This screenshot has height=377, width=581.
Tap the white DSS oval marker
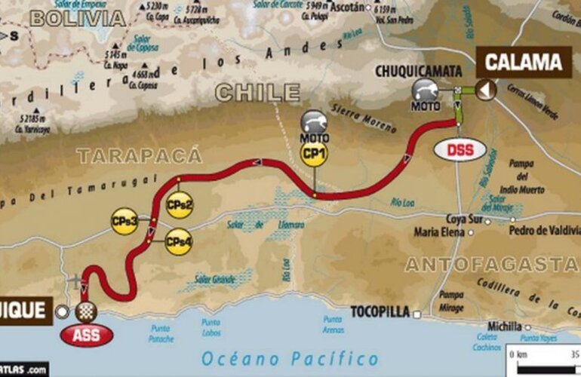tap(460, 149)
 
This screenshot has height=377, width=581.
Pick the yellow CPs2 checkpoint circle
tap(180, 204)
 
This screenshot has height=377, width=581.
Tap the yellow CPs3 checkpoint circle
tap(126, 221)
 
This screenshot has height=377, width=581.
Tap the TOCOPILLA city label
tap(379, 310)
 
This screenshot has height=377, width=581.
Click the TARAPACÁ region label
tap(139, 155)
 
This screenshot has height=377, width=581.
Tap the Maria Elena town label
tap(438, 232)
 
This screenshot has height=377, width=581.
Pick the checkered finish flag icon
tap(86, 310)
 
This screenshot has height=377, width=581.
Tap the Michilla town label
tap(505, 326)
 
